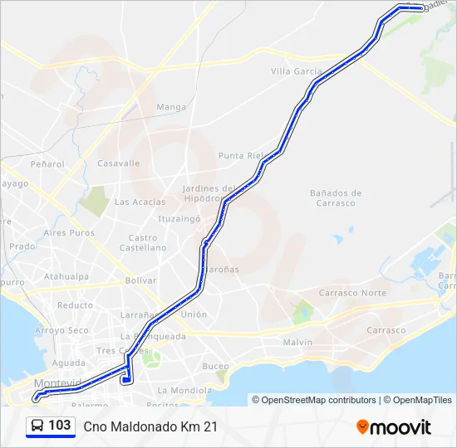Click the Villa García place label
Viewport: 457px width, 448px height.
click(x=296, y=71)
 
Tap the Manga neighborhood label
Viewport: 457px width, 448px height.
click(x=171, y=107)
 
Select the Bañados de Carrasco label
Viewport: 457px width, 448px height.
click(x=336, y=197)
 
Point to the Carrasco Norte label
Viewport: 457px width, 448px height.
click(x=353, y=293)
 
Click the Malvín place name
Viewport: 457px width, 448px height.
click(x=297, y=342)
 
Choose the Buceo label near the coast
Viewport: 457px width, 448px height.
click(x=215, y=366)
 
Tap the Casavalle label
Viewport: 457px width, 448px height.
click(x=119, y=163)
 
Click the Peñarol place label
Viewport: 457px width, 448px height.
click(x=47, y=164)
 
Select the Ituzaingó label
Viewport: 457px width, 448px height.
click(x=180, y=219)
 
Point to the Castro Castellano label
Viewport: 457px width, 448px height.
click(x=143, y=242)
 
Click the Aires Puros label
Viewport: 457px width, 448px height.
click(x=69, y=233)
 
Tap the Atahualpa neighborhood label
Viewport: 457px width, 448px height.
click(x=66, y=276)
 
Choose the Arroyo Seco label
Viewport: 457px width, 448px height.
click(x=61, y=330)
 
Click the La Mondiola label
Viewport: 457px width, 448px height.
click(x=184, y=390)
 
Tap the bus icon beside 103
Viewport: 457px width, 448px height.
click(x=37, y=426)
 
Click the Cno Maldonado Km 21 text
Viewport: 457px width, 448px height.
click(x=150, y=426)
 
